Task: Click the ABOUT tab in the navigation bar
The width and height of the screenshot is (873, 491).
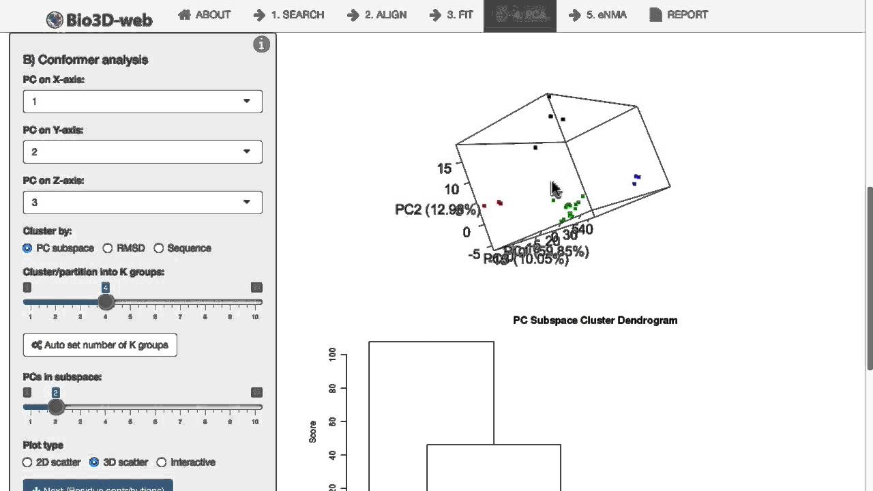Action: pyautogui.click(x=205, y=15)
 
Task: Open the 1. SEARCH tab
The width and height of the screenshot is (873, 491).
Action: pyautogui.click(x=288, y=15)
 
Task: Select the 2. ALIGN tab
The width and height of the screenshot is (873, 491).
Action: pyautogui.click(x=376, y=15)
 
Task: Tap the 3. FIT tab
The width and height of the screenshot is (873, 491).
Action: pyautogui.click(x=452, y=15)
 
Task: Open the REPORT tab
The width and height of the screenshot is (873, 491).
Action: pyautogui.click(x=679, y=15)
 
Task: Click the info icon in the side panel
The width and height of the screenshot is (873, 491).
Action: pyautogui.click(x=261, y=45)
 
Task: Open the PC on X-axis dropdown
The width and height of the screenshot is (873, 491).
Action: pyautogui.click(x=143, y=102)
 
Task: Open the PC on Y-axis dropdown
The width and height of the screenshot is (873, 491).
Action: pyautogui.click(x=143, y=152)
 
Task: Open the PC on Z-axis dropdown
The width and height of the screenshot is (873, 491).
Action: pyautogui.click(x=143, y=203)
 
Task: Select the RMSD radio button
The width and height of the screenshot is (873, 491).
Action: pyautogui.click(x=108, y=248)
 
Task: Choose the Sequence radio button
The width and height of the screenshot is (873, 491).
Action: pyautogui.click(x=159, y=248)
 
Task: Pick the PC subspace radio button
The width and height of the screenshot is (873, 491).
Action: pyautogui.click(x=27, y=248)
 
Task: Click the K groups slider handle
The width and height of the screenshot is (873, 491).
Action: pyautogui.click(x=106, y=302)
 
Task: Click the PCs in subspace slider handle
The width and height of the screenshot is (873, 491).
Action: pyautogui.click(x=56, y=407)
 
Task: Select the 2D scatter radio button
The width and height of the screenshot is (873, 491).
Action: pyautogui.click(x=27, y=462)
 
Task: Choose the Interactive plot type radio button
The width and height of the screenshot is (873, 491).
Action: pyautogui.click(x=162, y=462)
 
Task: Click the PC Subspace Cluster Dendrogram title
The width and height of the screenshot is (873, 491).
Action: pyautogui.click(x=595, y=321)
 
